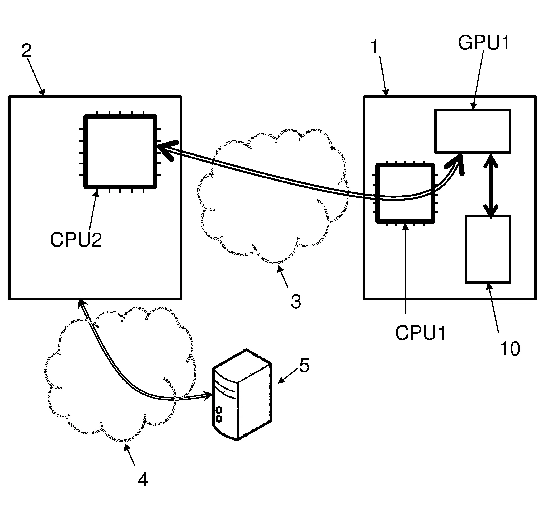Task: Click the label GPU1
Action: point(483,43)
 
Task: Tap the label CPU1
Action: point(420,333)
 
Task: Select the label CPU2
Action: point(76,239)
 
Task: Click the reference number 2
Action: point(26,51)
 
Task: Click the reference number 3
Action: point(296,302)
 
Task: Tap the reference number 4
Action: point(143,480)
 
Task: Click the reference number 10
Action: point(510,348)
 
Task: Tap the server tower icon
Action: point(242,395)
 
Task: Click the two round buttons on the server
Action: point(219,414)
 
